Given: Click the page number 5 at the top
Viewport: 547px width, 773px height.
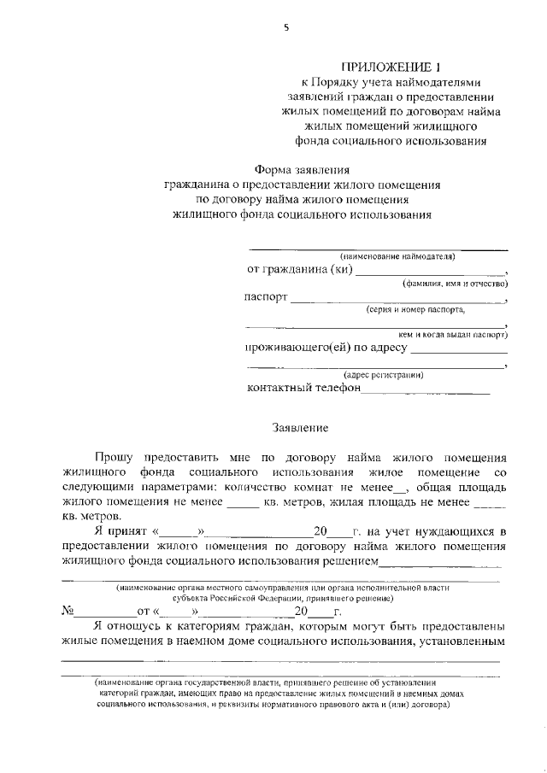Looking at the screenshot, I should [x=286, y=28].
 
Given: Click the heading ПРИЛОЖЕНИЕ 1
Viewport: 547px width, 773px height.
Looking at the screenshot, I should [x=385, y=67].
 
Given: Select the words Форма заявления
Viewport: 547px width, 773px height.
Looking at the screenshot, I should [x=303, y=169].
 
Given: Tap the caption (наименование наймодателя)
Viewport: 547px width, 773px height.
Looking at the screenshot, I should [x=397, y=256].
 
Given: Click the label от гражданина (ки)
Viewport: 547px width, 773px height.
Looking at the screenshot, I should [x=299, y=269].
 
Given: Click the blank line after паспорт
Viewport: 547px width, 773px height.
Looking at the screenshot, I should [x=397, y=300].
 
